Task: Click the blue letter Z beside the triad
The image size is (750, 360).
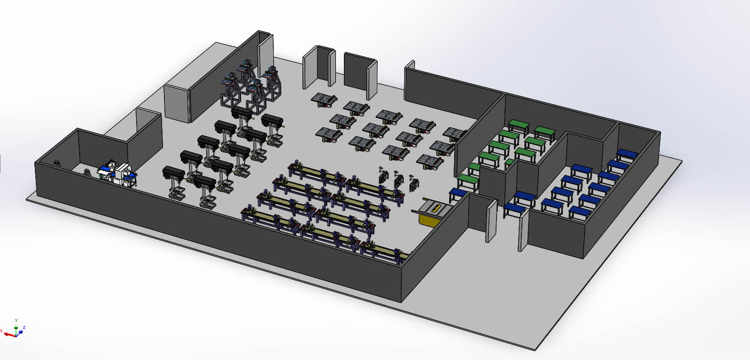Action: point(24,327)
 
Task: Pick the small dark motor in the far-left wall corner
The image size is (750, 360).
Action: point(58,164)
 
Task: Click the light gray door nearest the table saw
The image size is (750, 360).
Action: point(491,222)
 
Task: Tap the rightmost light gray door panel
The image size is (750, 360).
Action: point(522,230)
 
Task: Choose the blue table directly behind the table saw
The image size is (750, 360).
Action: point(457,194)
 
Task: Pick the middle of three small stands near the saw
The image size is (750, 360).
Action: point(399,180)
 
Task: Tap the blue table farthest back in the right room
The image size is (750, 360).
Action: point(627,155)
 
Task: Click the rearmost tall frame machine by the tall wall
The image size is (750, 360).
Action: point(245,71)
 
